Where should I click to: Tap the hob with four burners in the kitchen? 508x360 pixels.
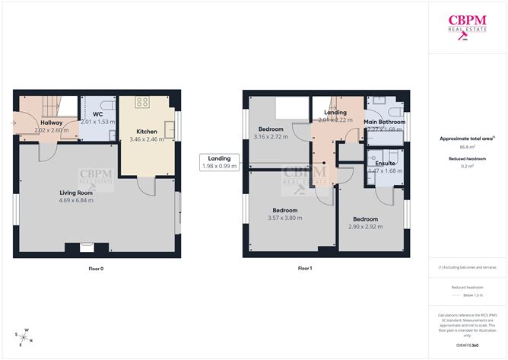(142, 103)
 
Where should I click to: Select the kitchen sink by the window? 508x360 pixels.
(168, 122)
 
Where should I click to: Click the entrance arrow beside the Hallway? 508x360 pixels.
(14, 122)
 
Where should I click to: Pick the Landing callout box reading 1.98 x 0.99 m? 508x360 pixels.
(219, 162)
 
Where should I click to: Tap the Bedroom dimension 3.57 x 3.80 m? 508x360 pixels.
(285, 218)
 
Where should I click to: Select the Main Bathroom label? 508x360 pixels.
(384, 122)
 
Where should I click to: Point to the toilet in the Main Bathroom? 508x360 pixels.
(376, 103)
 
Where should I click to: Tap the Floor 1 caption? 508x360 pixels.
(304, 268)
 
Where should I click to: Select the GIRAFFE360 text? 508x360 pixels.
(467, 345)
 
